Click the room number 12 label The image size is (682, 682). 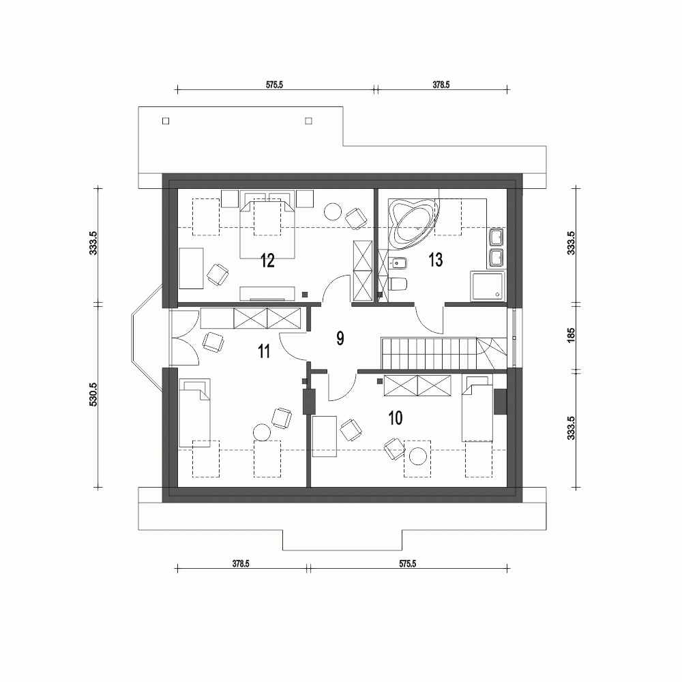coord(267,260)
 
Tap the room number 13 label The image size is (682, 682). coord(435,259)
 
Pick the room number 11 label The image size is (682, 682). coord(264,351)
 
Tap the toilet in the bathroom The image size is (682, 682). coord(398,284)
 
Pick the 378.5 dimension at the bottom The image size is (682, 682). coord(241,564)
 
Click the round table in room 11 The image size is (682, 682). coord(262,432)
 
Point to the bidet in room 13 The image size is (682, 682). coord(398,263)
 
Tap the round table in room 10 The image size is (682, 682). coord(419,455)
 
